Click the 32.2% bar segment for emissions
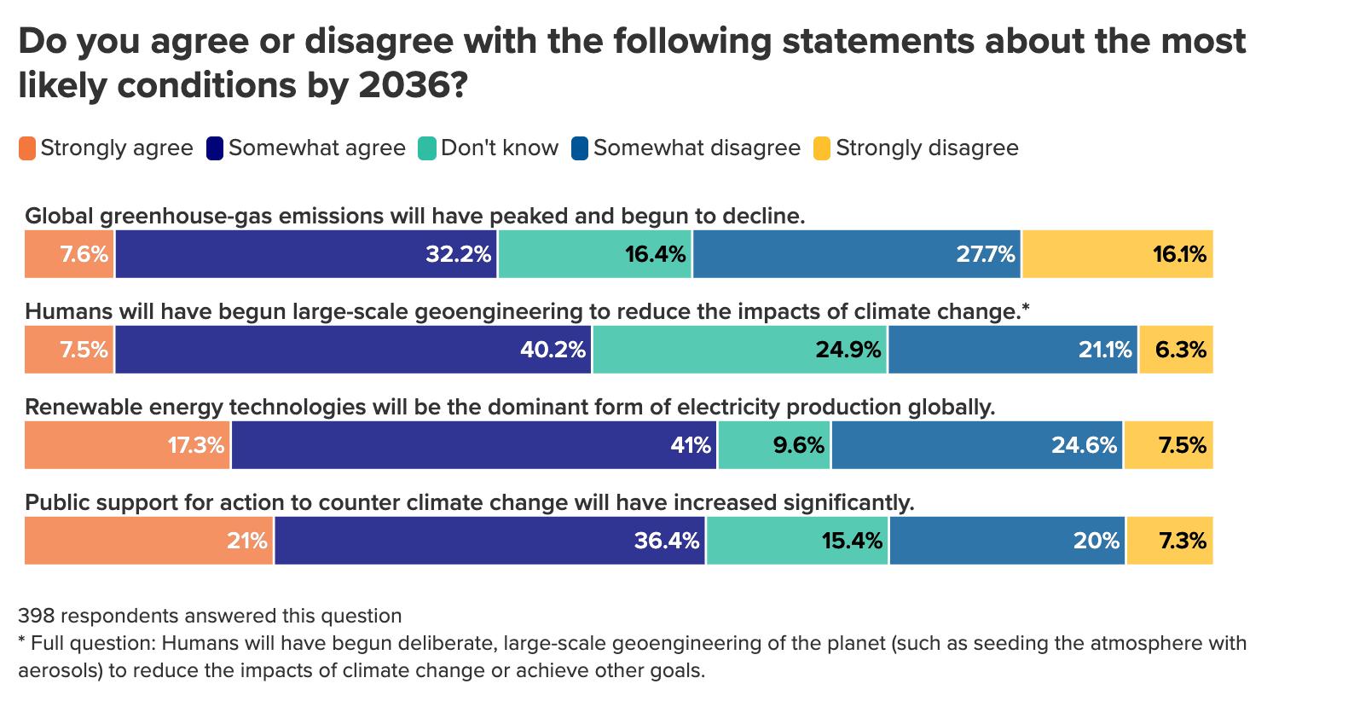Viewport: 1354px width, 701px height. (306, 254)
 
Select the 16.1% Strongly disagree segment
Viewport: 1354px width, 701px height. (1117, 254)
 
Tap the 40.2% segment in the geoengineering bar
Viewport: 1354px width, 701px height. (354, 350)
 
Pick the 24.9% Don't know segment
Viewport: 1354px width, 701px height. (740, 350)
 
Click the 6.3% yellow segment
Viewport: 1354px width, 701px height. (1176, 350)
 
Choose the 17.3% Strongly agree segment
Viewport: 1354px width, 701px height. (127, 445)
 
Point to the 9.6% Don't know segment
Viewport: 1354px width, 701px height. (774, 445)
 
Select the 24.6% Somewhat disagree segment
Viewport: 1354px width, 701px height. (977, 445)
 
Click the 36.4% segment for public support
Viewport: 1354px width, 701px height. (489, 541)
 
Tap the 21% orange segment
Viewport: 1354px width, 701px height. (148, 541)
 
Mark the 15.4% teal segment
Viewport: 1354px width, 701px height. (797, 541)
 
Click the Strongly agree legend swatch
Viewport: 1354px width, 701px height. (27, 148)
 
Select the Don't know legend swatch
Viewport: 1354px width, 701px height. (426, 148)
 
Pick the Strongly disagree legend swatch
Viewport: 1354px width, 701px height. (822, 148)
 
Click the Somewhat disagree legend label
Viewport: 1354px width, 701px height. (697, 148)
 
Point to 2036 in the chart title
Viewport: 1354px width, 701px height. (400, 85)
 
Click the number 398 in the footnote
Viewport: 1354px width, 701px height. (37, 616)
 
